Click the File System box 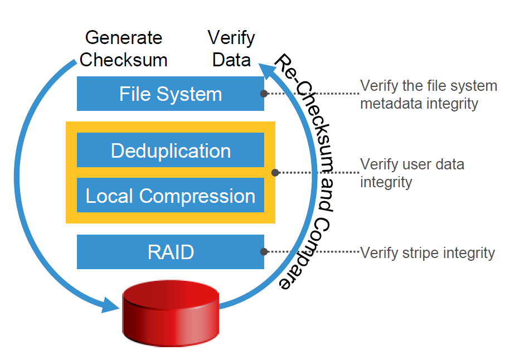click(171, 94)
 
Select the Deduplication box click(171, 150)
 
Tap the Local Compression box click(171, 195)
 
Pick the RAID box click(171, 252)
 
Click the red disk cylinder click(171, 313)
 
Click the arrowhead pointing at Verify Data click(267, 71)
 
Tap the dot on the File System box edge click(264, 94)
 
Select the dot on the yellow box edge click(275, 173)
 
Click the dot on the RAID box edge click(264, 251)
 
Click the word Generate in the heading click(124, 38)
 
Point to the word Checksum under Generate click(123, 60)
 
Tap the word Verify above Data click(231, 38)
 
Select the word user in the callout click(417, 165)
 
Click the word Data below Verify click(231, 60)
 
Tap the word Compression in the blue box click(197, 196)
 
